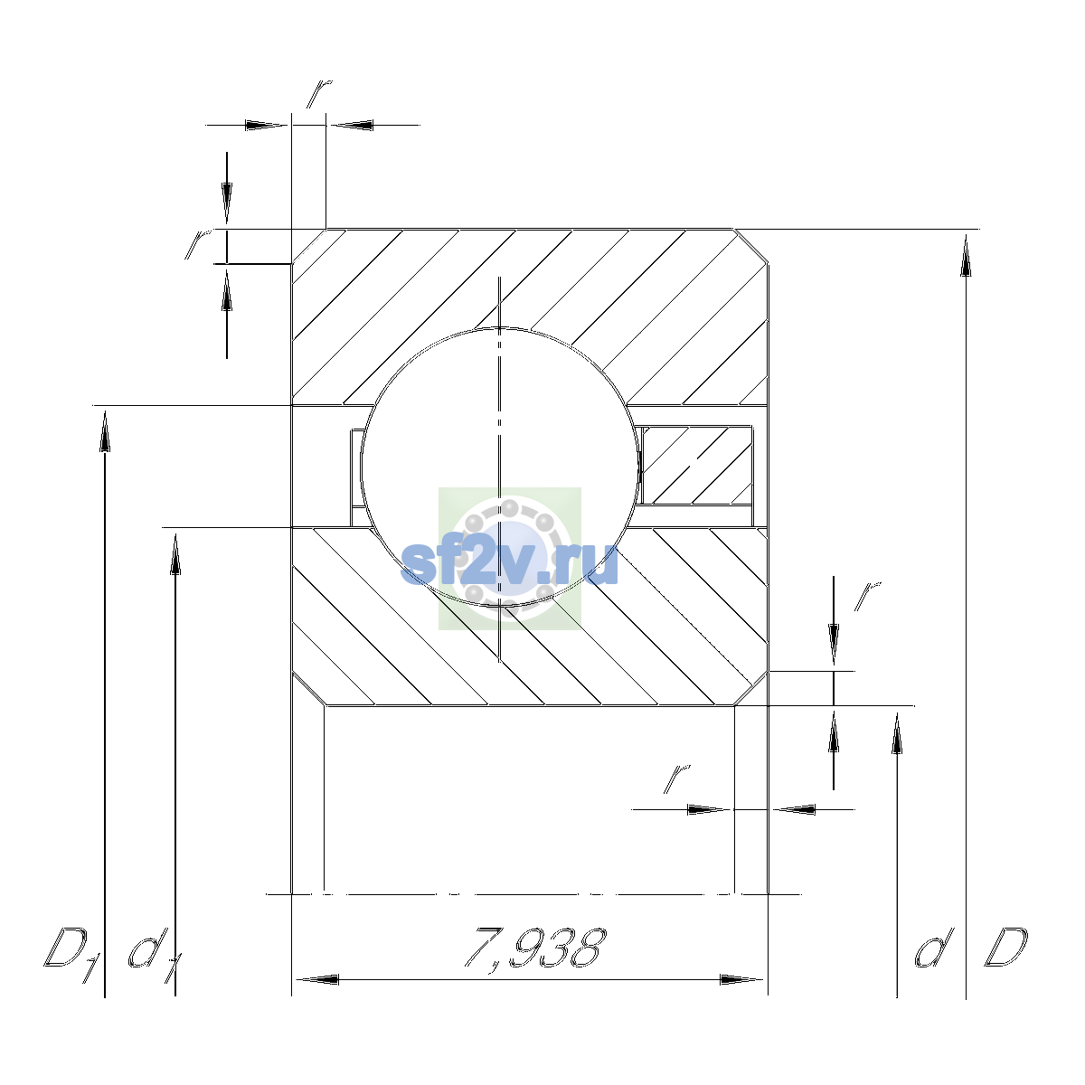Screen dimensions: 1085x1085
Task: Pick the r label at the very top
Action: pos(319,93)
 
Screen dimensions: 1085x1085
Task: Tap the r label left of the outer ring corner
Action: pos(198,244)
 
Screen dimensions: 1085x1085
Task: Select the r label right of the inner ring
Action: pos(867,596)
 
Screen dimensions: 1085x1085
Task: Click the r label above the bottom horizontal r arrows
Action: pos(677,778)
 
